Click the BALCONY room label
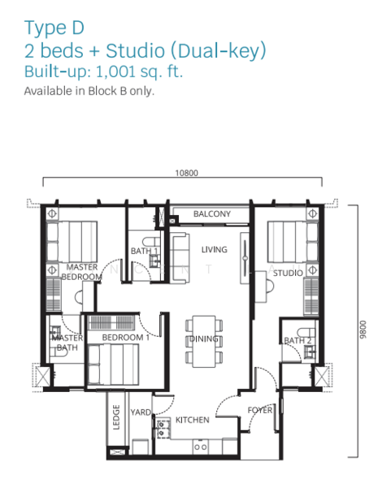pyautogui.click(x=212, y=213)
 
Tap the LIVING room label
pyautogui.click(x=214, y=249)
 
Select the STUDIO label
pyautogui.click(x=288, y=273)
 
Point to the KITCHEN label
pyautogui.click(x=193, y=420)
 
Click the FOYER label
pyautogui.click(x=260, y=410)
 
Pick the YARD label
pyautogui.click(x=141, y=412)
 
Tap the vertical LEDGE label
pyautogui.click(x=116, y=417)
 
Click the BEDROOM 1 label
pyautogui.click(x=126, y=338)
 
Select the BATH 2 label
pyautogui.click(x=298, y=340)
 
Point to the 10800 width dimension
pyautogui.click(x=186, y=173)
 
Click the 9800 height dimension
pyautogui.click(x=363, y=330)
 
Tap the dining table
pyautogui.click(x=204, y=342)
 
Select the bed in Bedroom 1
pyautogui.click(x=113, y=364)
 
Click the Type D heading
pyautogui.click(x=54, y=28)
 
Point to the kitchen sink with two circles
pyautogui.click(x=200, y=447)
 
